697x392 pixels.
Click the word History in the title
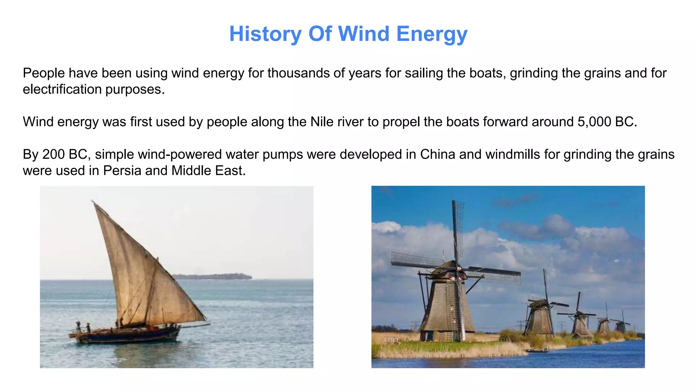265,34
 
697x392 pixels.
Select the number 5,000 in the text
594,122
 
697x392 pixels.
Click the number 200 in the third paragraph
53,154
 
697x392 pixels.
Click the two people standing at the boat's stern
83,327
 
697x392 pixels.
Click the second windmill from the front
540,316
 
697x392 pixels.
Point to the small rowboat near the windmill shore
537,350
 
